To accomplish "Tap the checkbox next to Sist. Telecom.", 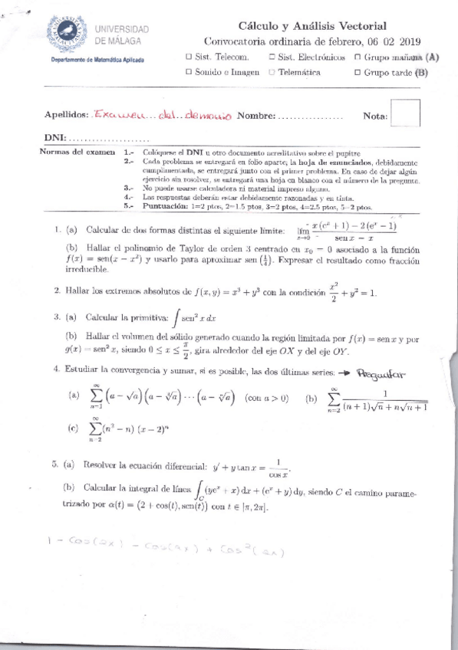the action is [x=189, y=57].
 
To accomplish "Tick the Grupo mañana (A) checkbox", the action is [x=358, y=57].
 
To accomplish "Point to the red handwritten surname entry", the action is [x=162, y=116].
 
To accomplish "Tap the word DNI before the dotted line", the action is [x=54, y=139].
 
